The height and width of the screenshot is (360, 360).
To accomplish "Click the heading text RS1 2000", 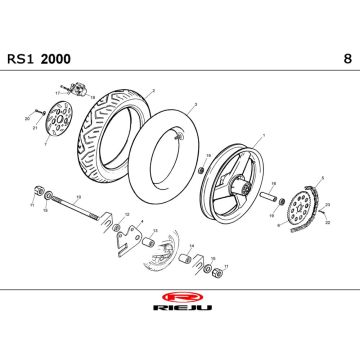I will point(50,59).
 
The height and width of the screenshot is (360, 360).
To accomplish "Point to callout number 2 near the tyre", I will point(152,90).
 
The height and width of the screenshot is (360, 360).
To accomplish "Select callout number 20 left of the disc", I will point(26,118).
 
